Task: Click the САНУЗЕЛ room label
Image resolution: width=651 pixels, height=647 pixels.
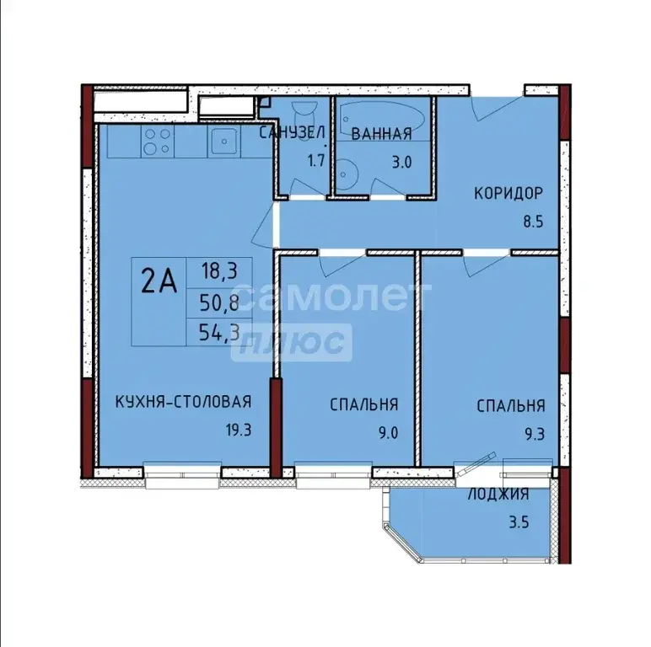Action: [292, 133]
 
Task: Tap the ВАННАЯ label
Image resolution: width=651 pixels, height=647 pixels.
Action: [381, 133]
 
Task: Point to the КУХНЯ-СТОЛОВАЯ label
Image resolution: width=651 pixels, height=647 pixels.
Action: [184, 404]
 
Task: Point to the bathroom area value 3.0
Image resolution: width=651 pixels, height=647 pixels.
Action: [401, 162]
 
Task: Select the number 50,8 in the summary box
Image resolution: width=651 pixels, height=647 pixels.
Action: [219, 302]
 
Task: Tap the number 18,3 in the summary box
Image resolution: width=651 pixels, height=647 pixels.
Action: [219, 271]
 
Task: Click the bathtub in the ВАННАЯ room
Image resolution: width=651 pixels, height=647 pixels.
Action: [385, 115]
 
